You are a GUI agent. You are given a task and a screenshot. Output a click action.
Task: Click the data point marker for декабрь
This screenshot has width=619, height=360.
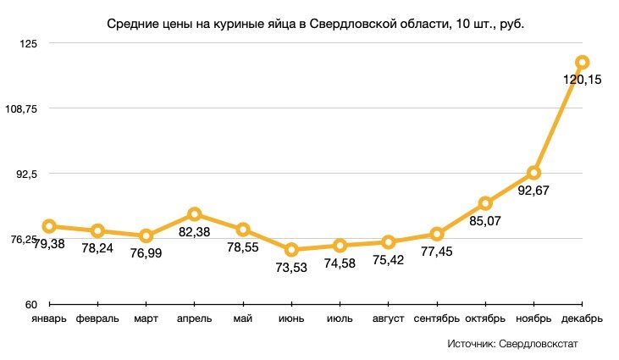tap(582, 62)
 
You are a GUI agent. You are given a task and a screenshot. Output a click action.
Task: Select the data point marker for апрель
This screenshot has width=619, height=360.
tap(194, 214)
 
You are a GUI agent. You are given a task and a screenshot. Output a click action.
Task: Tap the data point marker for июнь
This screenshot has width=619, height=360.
tap(291, 250)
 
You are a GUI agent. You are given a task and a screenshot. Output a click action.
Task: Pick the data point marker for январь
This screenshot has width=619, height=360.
tap(49, 226)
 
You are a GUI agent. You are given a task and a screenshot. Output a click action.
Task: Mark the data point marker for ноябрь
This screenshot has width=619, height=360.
tap(533, 173)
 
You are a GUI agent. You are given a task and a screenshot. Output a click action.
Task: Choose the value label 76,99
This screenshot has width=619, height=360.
tap(146, 253)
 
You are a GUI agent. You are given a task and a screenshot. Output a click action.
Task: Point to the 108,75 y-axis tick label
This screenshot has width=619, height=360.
tap(20, 108)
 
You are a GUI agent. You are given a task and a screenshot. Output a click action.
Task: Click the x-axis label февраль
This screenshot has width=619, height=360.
tap(97, 319)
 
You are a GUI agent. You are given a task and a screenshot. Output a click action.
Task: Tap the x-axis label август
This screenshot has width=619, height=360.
tap(389, 319)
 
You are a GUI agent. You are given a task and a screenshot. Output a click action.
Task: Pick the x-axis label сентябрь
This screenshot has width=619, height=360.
tap(437, 319)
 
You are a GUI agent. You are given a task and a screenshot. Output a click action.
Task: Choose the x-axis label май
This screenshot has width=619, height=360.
tap(243, 319)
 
